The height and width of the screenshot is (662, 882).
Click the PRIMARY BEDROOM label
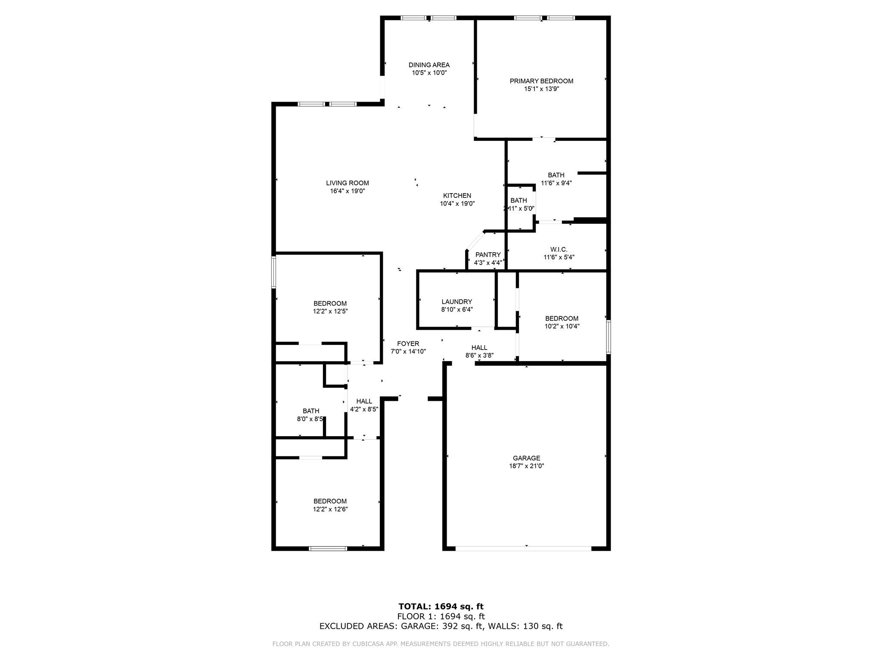tap(541, 81)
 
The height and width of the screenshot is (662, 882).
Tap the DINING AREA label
tap(429, 65)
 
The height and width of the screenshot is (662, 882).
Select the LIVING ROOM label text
tap(347, 183)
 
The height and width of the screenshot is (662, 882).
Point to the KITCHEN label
tap(457, 196)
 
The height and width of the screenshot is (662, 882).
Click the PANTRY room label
tap(488, 255)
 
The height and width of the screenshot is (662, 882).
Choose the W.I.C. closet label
tap(559, 250)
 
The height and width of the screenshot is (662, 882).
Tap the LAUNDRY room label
tap(457, 302)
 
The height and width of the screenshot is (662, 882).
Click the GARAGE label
tap(526, 458)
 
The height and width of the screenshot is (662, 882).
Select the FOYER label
tap(408, 343)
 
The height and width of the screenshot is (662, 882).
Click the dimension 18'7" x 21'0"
tap(526, 466)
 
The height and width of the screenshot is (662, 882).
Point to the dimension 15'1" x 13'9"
tap(541, 89)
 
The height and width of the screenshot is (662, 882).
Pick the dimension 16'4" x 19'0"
tap(347, 191)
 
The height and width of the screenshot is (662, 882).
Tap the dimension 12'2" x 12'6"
tap(330, 509)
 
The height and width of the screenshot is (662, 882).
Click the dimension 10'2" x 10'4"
tap(562, 326)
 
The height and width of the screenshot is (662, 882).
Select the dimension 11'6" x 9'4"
tap(556, 183)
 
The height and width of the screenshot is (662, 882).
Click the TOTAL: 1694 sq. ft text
tap(441, 607)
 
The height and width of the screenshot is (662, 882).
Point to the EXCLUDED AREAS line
tap(441, 626)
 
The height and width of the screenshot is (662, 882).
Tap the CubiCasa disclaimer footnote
tap(441, 644)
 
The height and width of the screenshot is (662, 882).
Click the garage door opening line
tap(523, 549)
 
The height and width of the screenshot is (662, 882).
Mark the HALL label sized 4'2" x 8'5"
tap(364, 401)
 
